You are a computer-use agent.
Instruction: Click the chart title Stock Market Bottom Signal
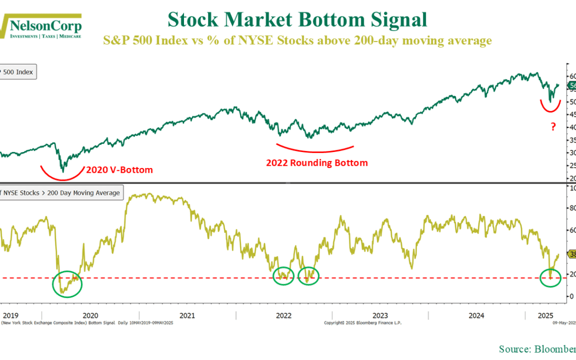[x=297, y=20]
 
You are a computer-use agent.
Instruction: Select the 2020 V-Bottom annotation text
[x=118, y=170]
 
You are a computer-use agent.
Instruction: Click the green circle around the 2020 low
[x=67, y=283]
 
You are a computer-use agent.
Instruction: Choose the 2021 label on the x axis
[x=187, y=315]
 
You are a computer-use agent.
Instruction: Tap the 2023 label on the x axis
[x=380, y=315]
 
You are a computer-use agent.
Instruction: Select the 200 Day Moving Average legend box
[x=61, y=193]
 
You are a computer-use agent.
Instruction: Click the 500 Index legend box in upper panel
[x=18, y=71]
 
